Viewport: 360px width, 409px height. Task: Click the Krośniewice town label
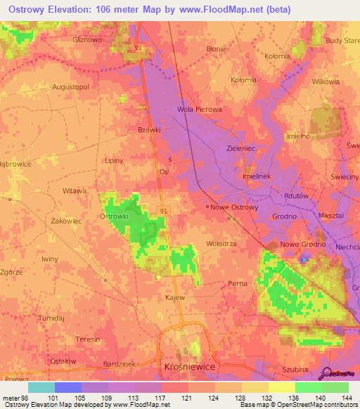(x=184, y=368)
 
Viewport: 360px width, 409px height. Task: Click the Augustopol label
(x=70, y=86)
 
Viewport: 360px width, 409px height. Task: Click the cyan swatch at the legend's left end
(x=41, y=387)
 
